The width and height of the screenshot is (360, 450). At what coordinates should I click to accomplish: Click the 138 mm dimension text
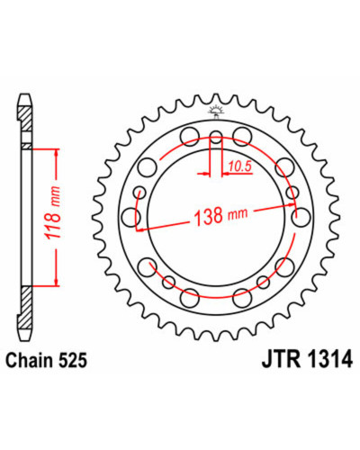pos(221,215)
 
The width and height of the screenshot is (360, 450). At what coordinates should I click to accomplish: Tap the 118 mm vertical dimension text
pos(52,212)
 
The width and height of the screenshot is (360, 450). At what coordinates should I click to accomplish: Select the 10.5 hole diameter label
pos(239,166)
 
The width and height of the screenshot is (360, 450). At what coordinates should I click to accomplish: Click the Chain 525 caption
pos(47,360)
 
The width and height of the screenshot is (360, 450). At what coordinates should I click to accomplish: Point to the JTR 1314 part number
pos(307,359)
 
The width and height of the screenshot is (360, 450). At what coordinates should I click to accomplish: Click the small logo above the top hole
pos(216,112)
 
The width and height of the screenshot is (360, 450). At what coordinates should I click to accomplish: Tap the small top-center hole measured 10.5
pos(216,137)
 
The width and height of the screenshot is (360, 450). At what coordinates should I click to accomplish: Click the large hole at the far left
pos(131,216)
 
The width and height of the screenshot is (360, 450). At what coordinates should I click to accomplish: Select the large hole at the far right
pos(301,217)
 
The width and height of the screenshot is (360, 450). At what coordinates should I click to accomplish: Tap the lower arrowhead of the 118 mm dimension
pos(56,282)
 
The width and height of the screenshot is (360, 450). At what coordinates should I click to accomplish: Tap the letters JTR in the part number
pos(282,359)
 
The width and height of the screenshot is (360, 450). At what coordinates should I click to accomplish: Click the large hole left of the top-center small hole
pos(190,136)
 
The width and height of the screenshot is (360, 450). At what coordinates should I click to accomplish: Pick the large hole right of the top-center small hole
pos(242,136)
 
